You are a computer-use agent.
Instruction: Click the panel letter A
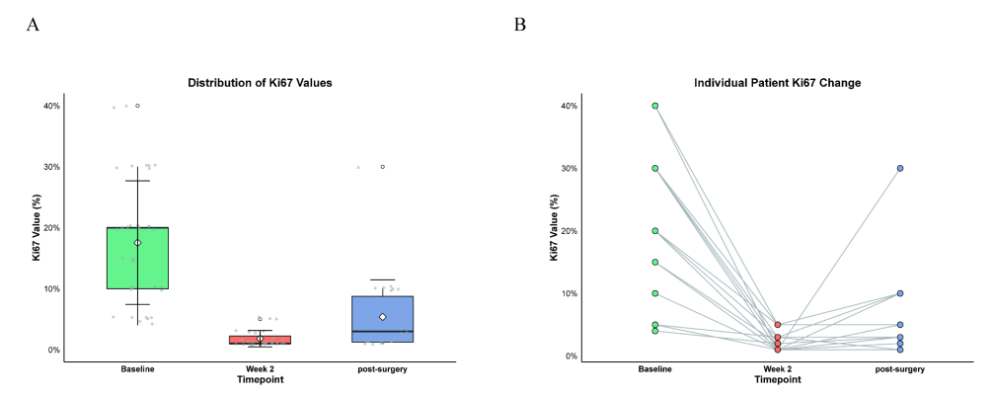[x=33, y=25]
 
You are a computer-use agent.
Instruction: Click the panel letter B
[x=520, y=25]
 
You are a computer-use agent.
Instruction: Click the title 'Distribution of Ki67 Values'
[x=260, y=83]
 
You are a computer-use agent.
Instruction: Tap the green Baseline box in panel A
[x=138, y=258]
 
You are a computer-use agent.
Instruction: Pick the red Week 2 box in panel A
[x=260, y=340]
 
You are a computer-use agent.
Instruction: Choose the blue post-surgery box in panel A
[x=382, y=319]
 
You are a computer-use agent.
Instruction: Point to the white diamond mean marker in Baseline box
[x=138, y=242]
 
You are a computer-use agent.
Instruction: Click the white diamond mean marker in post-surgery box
[x=382, y=317]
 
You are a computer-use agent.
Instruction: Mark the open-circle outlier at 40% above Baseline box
[x=138, y=106]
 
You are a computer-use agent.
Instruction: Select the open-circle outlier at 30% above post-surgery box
[x=382, y=167]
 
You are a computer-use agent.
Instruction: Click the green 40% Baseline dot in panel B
[x=655, y=106]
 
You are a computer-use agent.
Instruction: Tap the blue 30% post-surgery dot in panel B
[x=900, y=168]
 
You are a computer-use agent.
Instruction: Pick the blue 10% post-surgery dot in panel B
[x=900, y=293]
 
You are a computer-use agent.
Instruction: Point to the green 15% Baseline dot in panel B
[x=655, y=262]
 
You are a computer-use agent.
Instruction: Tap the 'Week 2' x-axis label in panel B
[x=778, y=368]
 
